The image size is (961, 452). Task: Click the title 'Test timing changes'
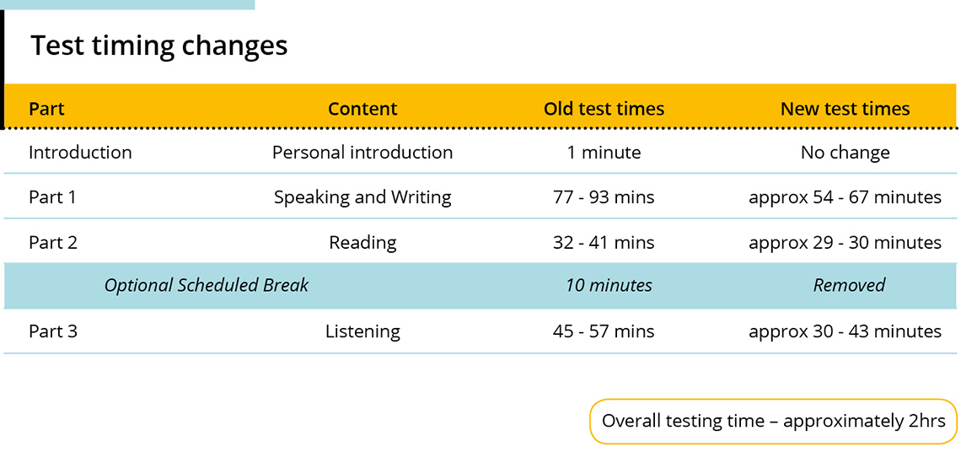click(x=158, y=46)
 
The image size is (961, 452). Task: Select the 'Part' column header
click(x=46, y=109)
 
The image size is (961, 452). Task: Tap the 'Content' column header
click(x=362, y=109)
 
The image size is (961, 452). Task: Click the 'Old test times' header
click(x=604, y=109)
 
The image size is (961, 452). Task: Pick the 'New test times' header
click(x=846, y=109)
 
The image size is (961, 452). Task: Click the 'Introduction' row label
click(x=80, y=152)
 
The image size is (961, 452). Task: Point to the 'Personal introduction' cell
click(x=362, y=152)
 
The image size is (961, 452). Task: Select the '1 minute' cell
click(x=604, y=152)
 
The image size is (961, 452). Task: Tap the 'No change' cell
click(x=846, y=152)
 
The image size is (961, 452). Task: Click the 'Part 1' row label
click(x=53, y=197)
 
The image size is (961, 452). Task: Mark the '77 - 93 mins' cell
click(x=604, y=197)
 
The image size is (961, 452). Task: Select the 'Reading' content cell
click(x=362, y=243)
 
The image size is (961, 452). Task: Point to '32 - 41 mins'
click(x=604, y=242)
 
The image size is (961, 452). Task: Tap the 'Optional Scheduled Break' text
click(x=207, y=285)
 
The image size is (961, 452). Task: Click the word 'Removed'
click(x=850, y=285)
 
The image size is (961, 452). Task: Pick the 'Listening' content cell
click(x=362, y=332)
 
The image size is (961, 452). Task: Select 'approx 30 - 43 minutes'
click(x=846, y=332)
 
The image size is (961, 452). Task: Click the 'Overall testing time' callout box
click(x=774, y=422)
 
